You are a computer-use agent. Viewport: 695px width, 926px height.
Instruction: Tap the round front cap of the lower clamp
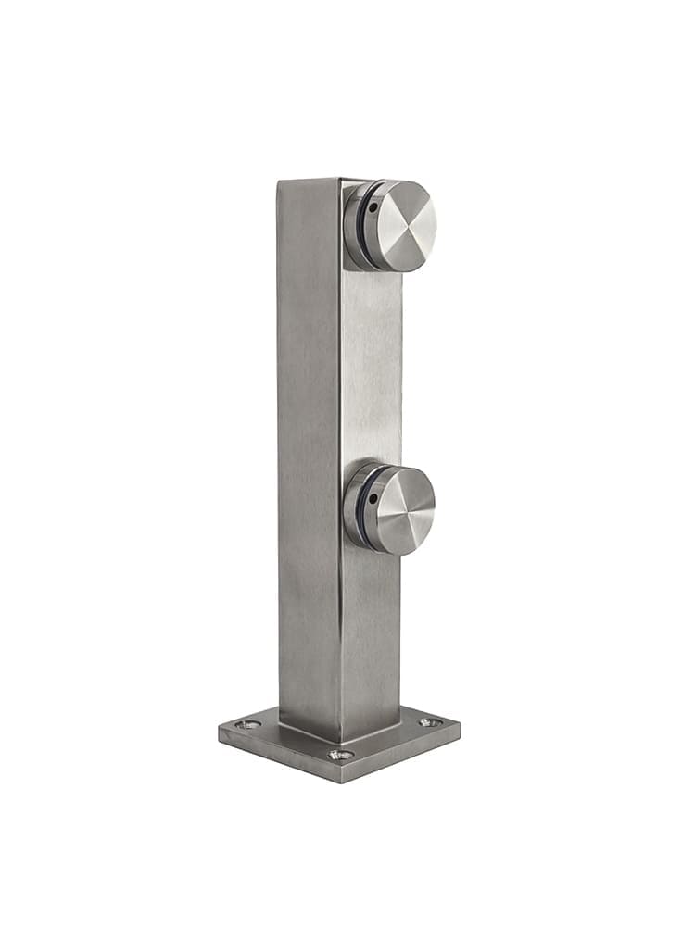pos(405,509)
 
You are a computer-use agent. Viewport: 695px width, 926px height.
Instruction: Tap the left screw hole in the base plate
pos(246,724)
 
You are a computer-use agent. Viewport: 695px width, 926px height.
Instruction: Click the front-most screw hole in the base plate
pos(340,755)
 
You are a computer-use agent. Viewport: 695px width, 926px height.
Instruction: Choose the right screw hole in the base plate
pos(427,721)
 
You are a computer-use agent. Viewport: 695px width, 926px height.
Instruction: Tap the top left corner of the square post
pos(279,181)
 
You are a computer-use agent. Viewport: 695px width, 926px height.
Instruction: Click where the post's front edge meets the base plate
pos(339,741)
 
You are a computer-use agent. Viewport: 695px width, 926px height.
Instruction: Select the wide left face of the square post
pos(309,444)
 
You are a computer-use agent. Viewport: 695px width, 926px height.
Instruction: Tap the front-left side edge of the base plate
pos(278,757)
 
